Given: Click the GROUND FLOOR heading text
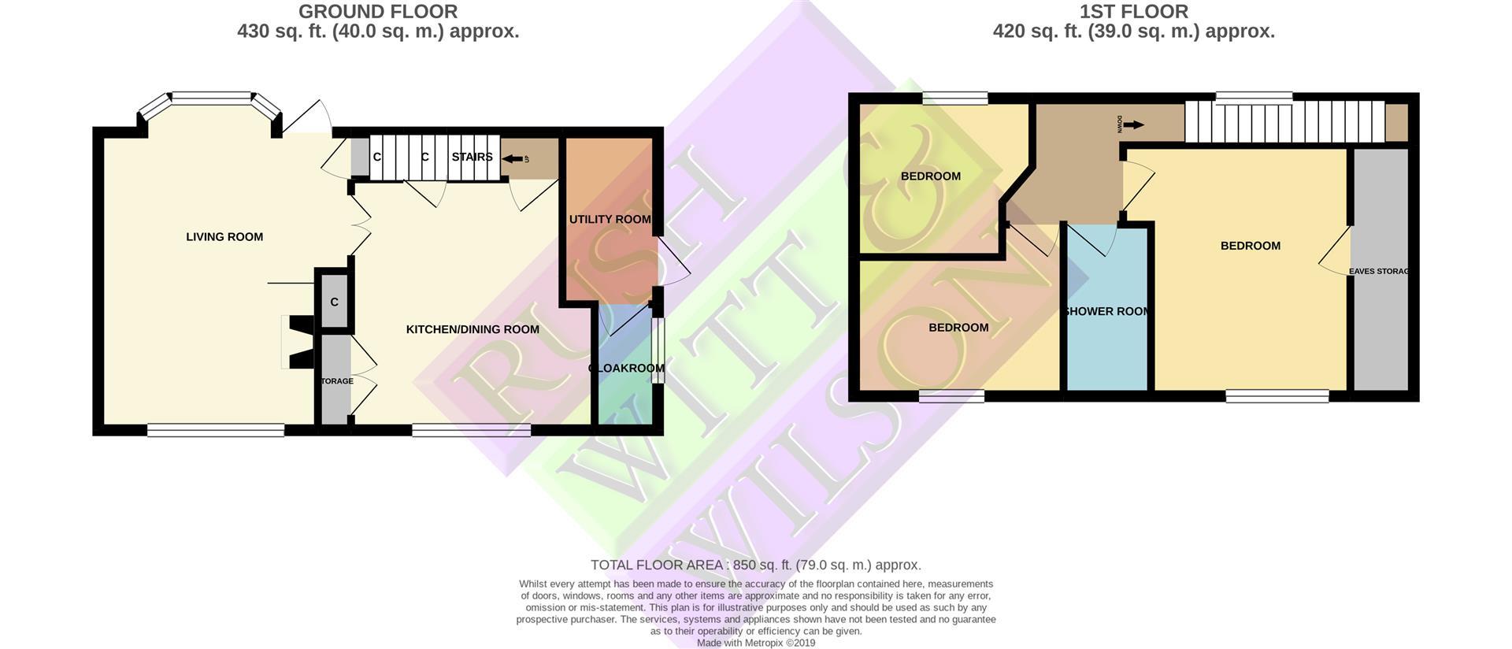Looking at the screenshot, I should [378, 12].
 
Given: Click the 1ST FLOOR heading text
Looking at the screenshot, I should [1133, 12].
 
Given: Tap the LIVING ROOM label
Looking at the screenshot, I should [224, 236].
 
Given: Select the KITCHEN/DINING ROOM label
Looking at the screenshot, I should [472, 329].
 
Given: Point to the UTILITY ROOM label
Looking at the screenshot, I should [610, 219].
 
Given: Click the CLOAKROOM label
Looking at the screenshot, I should [627, 368].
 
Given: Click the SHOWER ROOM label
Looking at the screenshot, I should [1106, 311].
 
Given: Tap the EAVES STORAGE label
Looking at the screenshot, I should [1378, 271].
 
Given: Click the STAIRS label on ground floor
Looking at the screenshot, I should [472, 157].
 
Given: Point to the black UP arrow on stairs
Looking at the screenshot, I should [513, 158].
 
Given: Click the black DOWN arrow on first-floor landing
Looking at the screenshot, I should [1133, 124].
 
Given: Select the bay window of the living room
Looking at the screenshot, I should [210, 98].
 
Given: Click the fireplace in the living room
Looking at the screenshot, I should [299, 342].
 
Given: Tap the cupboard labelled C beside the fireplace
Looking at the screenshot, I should [335, 302].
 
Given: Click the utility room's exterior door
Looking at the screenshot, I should [673, 261].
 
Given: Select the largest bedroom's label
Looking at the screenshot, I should [1250, 246].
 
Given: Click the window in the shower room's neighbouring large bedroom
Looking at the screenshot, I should [1277, 396].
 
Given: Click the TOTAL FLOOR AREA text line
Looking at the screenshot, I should [755, 565].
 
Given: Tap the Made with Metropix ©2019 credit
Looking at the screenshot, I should [755, 643].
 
